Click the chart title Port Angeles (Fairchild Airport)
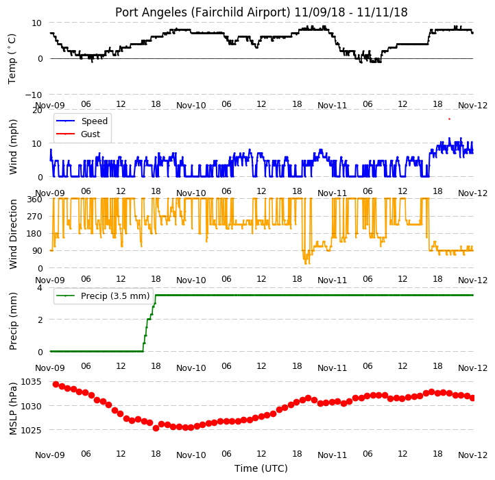(202, 12)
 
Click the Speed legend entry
(82, 121)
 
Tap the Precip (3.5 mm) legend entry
(103, 296)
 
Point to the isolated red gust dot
(449, 119)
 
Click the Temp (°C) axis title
(12, 59)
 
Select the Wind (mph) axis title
(12, 147)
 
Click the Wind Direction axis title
(12, 234)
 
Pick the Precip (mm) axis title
(12, 321)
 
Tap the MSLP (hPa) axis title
(12, 409)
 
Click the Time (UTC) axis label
(261, 468)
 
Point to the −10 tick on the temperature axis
(34, 95)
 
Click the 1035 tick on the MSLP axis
(31, 382)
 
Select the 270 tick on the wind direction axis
(35, 217)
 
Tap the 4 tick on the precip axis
(40, 288)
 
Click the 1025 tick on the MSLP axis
(31, 430)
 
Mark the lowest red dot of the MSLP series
(156, 428)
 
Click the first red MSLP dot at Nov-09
(56, 384)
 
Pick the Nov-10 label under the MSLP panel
(191, 455)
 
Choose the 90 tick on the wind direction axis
(37, 251)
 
